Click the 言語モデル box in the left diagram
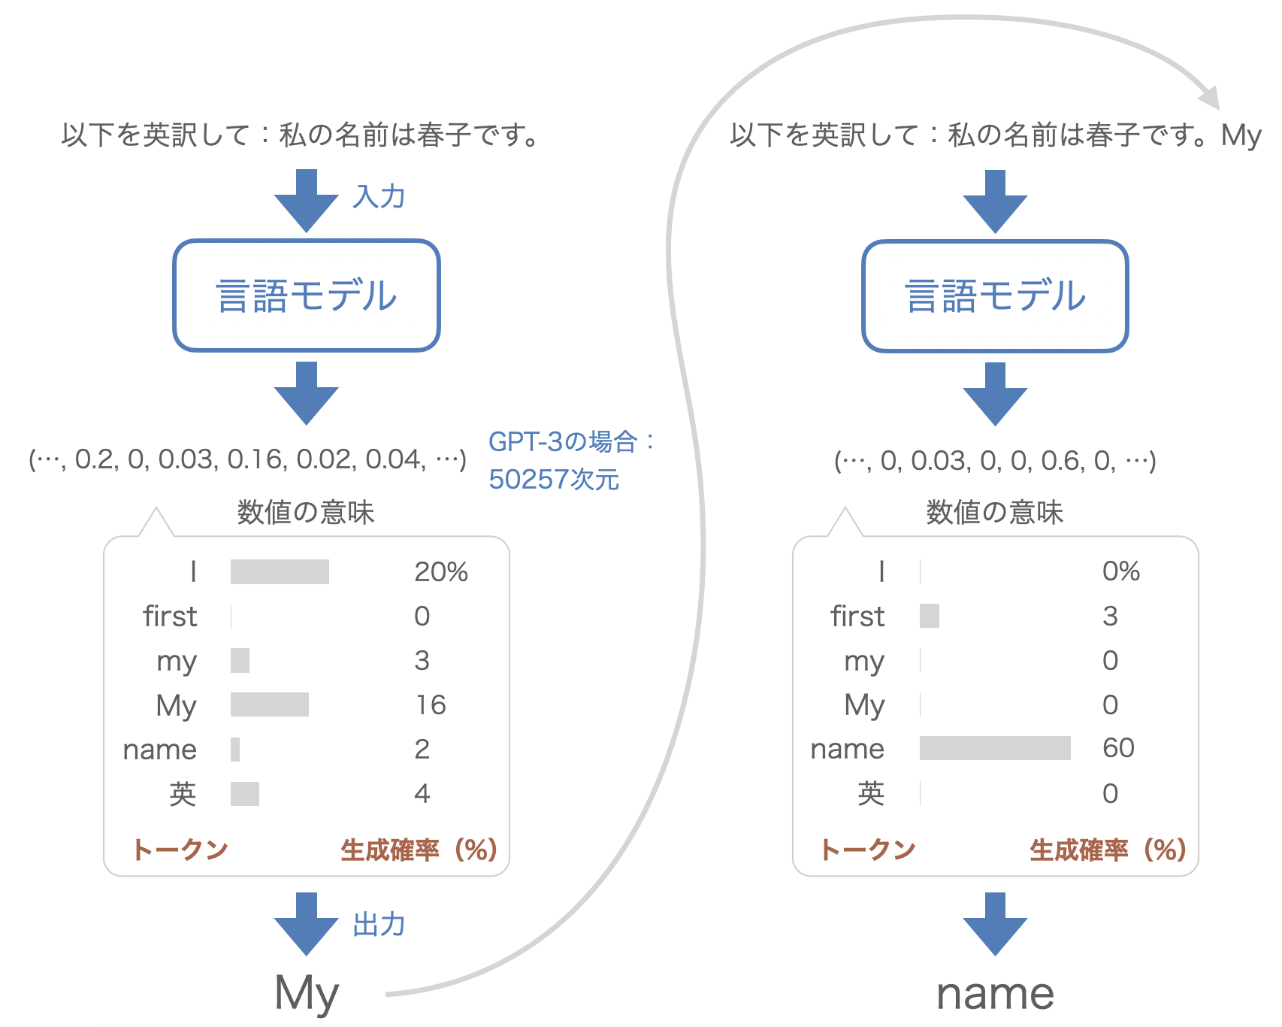[x=307, y=295]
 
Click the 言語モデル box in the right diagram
[x=995, y=295]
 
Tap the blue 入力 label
[x=379, y=197]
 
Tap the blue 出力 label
[x=379, y=925]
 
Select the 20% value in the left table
[x=441, y=572]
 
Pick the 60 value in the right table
[x=1118, y=748]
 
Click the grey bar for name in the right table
[x=995, y=748]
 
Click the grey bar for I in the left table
[x=280, y=572]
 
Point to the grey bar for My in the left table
[x=270, y=704]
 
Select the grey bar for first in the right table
[x=930, y=616]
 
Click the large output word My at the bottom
[x=307, y=993]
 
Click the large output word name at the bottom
[x=995, y=993]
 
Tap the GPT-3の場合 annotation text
[x=571, y=441]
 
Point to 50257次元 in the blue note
[x=554, y=480]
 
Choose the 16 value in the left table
[x=431, y=704]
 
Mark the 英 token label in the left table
[x=183, y=794]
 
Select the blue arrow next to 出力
[x=307, y=923]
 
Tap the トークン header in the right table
[x=868, y=850]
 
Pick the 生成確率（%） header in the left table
[x=419, y=850]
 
